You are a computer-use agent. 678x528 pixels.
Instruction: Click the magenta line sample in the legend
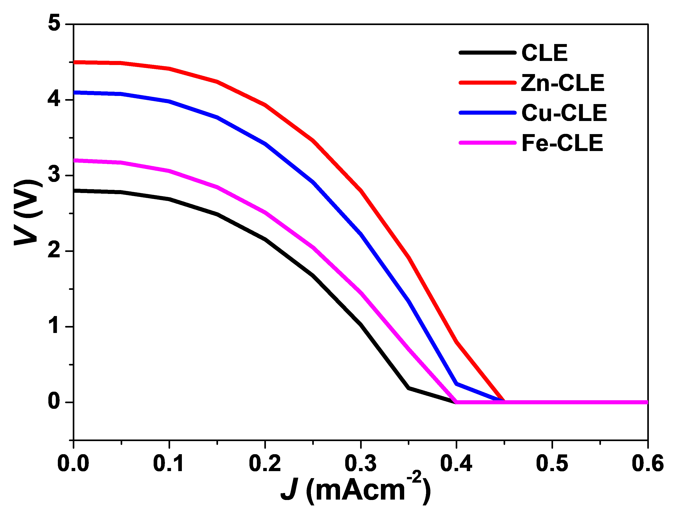click(487, 143)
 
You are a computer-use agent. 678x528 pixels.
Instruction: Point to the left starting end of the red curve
click(75, 62)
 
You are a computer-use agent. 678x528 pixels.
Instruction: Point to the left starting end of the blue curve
click(75, 93)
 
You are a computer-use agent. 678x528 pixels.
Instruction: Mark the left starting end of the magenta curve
click(75, 160)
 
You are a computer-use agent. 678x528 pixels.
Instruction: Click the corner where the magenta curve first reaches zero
click(457, 402)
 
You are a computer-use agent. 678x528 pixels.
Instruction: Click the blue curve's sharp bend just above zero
click(457, 384)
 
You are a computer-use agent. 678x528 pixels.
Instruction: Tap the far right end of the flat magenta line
click(647, 402)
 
